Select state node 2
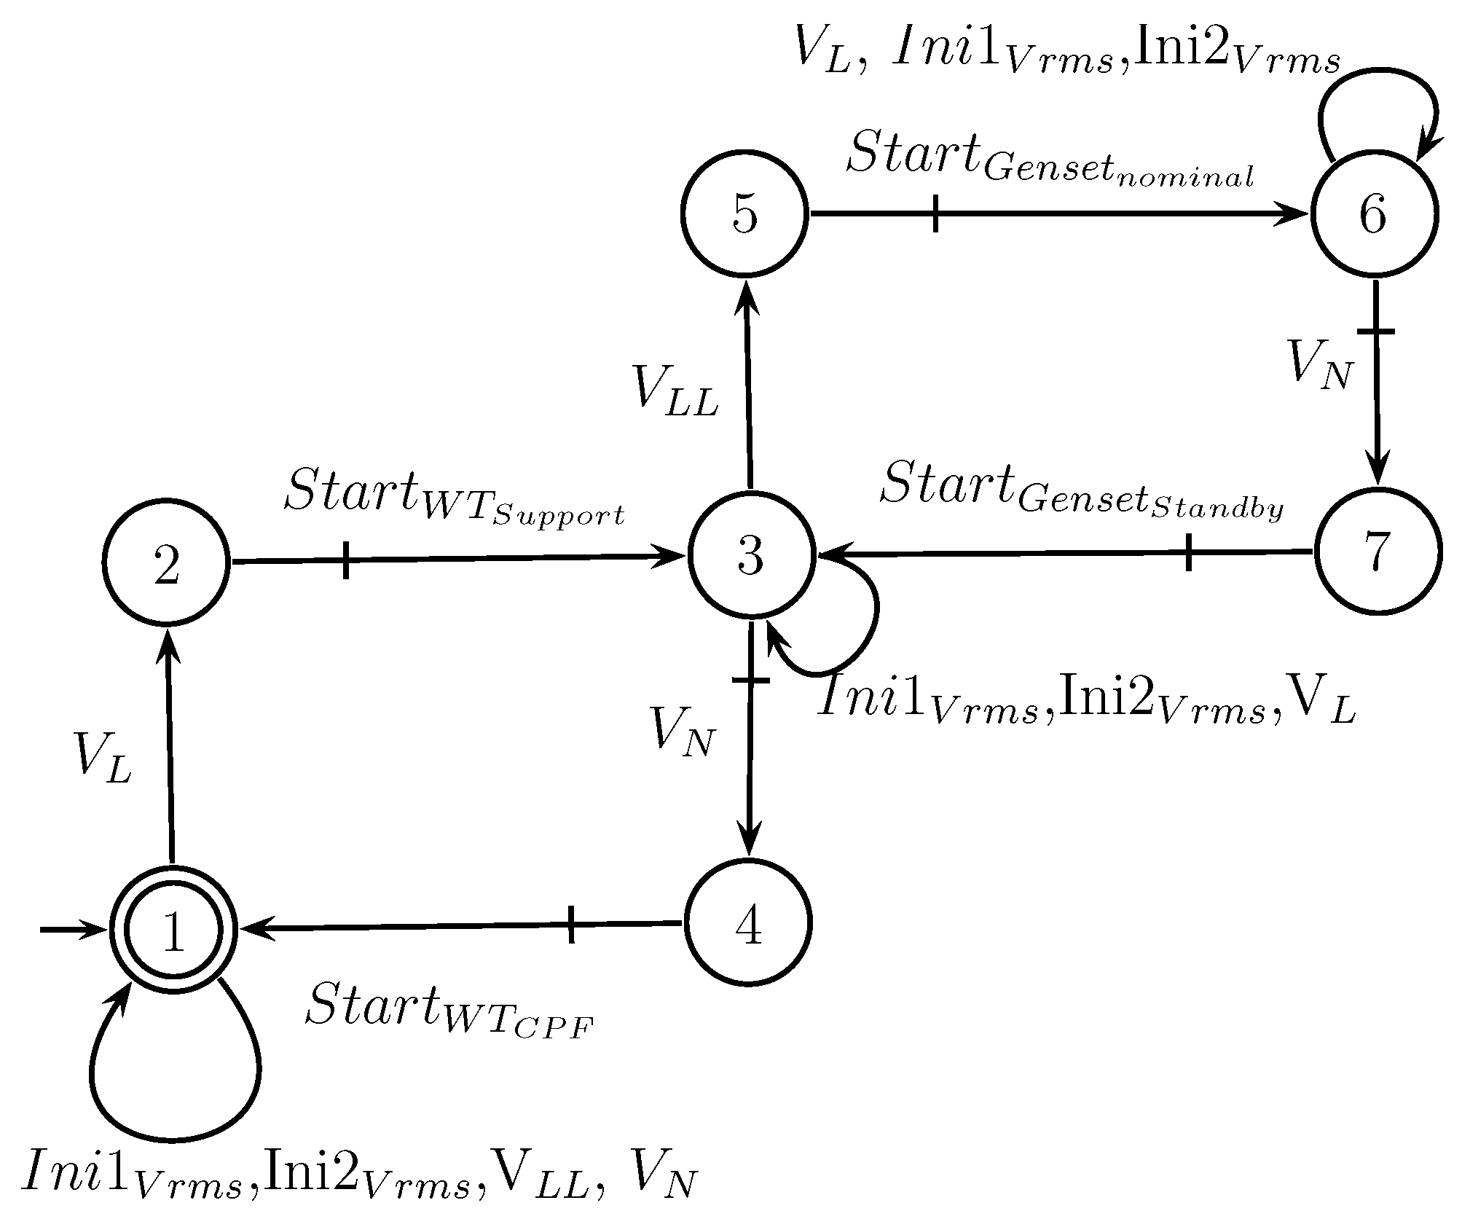(167, 562)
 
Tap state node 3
(750, 556)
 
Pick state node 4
(748, 922)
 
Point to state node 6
(1374, 214)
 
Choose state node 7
(1377, 552)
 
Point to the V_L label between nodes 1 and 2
(103, 758)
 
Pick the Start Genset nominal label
(1049, 160)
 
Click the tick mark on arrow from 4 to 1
(571, 925)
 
